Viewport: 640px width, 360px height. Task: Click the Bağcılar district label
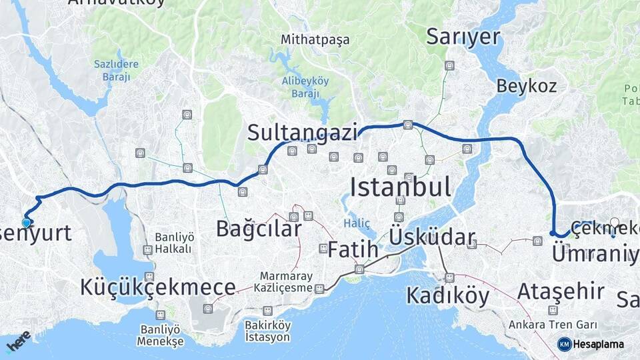[x=259, y=229]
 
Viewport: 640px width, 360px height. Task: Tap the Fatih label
[x=353, y=250]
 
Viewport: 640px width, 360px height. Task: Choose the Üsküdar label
[x=433, y=237]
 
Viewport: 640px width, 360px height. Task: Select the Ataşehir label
[x=561, y=291]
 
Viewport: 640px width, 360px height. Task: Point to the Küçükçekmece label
[x=157, y=287]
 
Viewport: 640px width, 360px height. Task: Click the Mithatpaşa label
[x=315, y=39]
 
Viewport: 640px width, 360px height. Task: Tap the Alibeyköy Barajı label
[x=306, y=87]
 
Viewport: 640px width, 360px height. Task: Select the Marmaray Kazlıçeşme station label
[x=286, y=282]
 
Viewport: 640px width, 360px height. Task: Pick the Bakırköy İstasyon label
[x=267, y=331]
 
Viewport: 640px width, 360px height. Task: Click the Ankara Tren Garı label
[x=552, y=325]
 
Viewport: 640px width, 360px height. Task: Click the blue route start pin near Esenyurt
[x=27, y=222]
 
